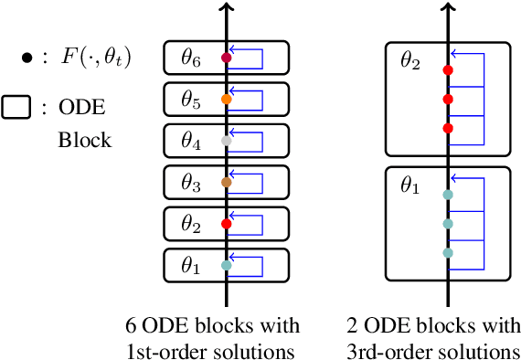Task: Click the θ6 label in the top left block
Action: coord(189,58)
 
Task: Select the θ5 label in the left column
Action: coord(189,99)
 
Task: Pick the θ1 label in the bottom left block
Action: coord(189,266)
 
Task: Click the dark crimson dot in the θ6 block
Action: coord(227,58)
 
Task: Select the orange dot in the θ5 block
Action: coord(227,99)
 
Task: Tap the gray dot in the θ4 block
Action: coord(227,141)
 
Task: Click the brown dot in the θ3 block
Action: coord(227,183)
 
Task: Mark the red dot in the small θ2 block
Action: coord(227,223)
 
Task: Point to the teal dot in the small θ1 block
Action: coord(227,266)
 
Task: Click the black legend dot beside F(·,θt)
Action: coord(27,59)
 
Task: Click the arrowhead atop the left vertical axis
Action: coord(227,9)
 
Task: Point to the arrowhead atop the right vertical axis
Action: coord(447,9)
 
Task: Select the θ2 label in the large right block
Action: coord(410,62)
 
